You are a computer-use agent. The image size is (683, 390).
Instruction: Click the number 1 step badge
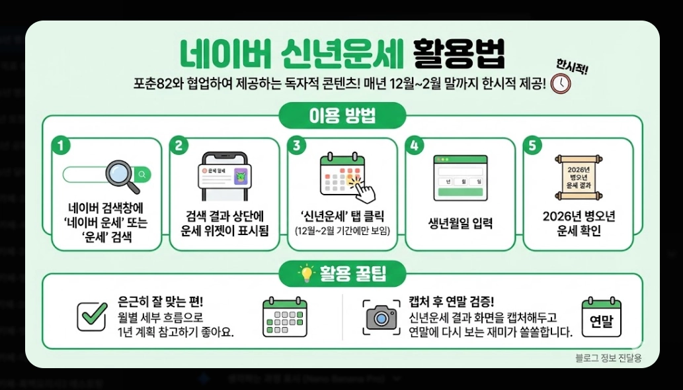click(x=61, y=146)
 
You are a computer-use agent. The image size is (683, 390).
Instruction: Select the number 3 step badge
click(x=296, y=146)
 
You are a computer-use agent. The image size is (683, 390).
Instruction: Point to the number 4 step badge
click(x=414, y=146)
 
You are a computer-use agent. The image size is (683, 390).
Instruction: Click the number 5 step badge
click(x=532, y=146)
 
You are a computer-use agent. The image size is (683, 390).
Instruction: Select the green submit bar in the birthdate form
click(x=460, y=192)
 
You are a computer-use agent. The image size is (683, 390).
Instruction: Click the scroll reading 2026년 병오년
click(x=577, y=177)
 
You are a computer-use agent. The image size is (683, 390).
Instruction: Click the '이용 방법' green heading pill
click(x=342, y=116)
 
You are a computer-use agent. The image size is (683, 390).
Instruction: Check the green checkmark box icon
click(x=91, y=316)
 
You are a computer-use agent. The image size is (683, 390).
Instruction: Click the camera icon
click(x=382, y=317)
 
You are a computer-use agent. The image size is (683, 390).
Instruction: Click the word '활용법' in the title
click(x=458, y=54)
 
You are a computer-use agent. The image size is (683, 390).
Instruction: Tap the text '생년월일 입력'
click(x=460, y=223)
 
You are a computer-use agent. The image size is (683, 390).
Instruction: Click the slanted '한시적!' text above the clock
click(x=572, y=66)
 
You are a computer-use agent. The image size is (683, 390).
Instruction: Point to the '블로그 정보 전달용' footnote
click(x=608, y=358)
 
